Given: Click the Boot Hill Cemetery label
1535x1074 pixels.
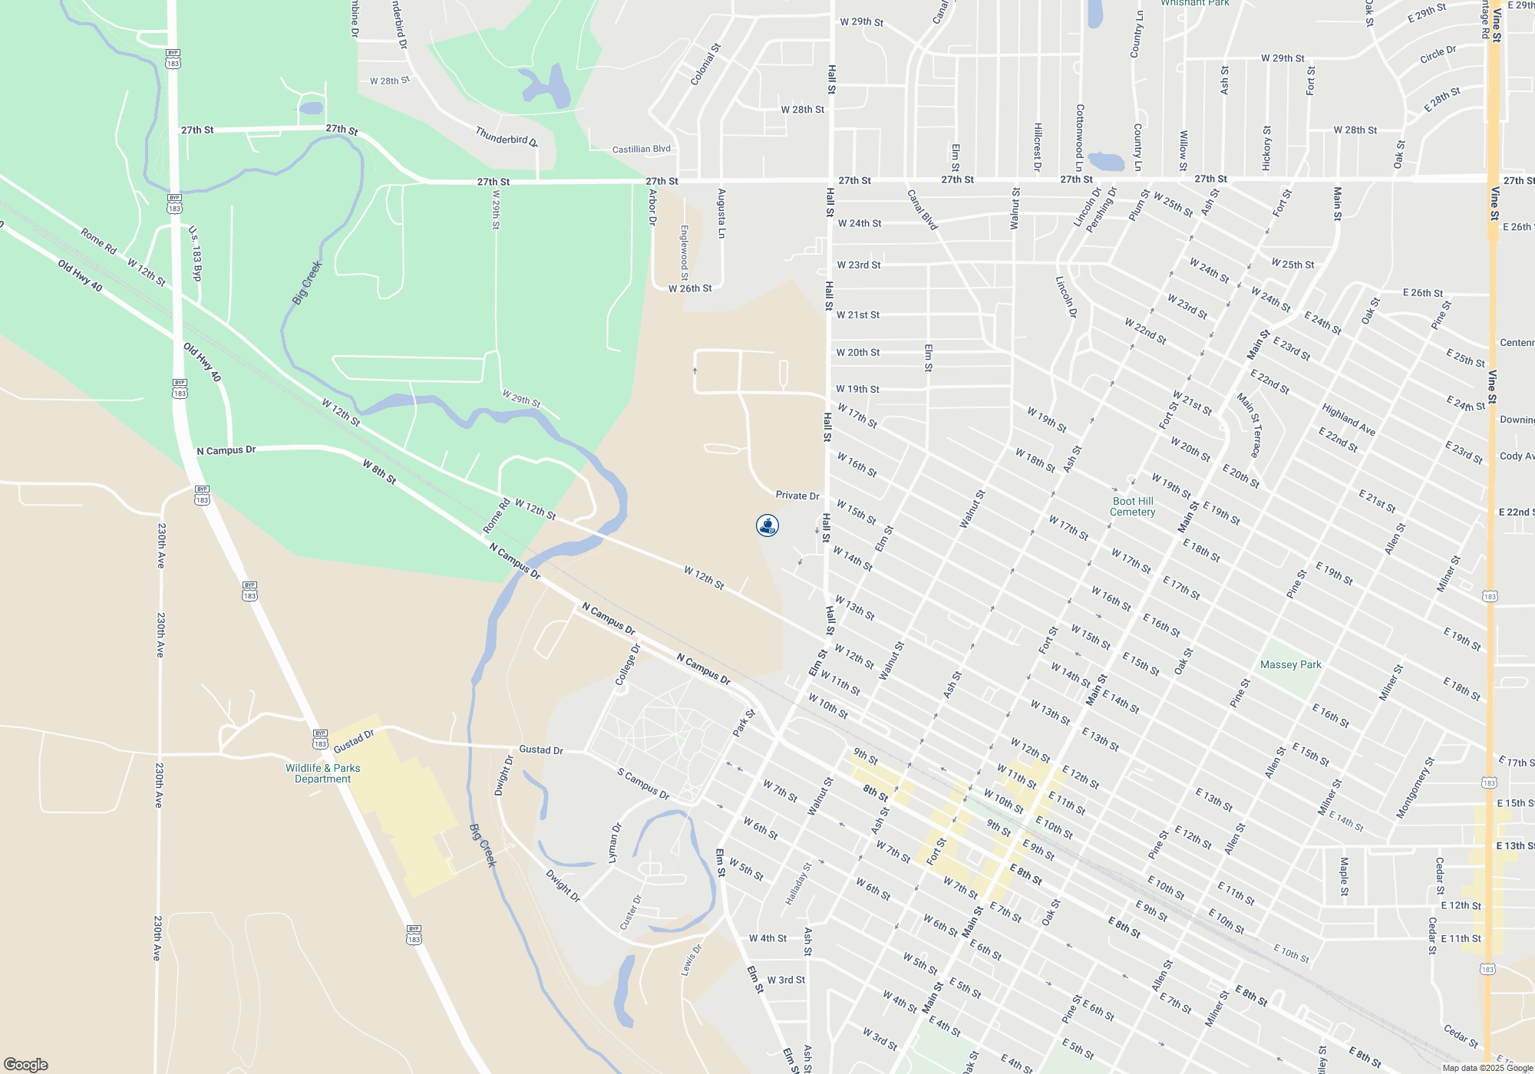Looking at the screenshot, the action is pos(1133,506).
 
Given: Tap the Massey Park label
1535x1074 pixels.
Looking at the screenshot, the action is pos(1291,664).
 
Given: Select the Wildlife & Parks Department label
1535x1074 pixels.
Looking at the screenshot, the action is pos(322,773).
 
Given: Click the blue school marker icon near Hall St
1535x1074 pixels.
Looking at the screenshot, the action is pos(767,525).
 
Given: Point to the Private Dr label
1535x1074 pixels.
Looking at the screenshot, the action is pos(797,496).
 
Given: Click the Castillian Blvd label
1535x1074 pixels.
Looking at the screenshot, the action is pos(642,149).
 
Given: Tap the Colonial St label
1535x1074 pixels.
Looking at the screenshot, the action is pos(705,64).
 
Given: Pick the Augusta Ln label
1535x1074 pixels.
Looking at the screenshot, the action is pos(721,213).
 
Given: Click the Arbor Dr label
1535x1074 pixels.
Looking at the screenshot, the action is pos(652,207).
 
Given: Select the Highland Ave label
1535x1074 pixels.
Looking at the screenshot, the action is pos(1348,420).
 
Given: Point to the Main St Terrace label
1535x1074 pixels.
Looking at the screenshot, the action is pos(1249,425).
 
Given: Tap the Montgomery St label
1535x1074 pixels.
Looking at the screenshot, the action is pos(1415,789).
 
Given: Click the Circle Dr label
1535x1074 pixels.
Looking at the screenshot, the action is pos(1438,54).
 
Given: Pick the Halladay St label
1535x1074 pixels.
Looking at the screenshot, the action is pos(798,884).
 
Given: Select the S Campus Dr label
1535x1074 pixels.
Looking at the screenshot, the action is pos(643,784).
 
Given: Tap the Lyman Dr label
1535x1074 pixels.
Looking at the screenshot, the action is pos(614,844).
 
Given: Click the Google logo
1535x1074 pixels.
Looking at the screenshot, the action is pos(26,1065).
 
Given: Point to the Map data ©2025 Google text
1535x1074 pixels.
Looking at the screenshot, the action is pos(1487,1068).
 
